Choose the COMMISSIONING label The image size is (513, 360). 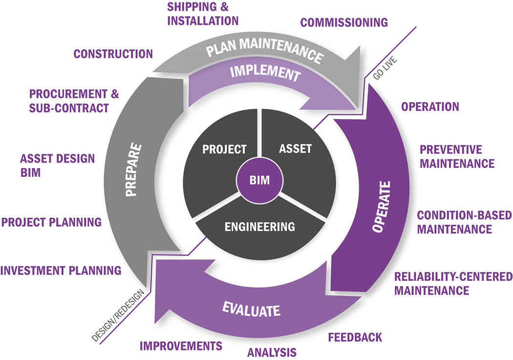click(344, 22)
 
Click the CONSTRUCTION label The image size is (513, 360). click(113, 54)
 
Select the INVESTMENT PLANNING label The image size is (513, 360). click(61, 270)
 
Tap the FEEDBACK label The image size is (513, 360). click(355, 337)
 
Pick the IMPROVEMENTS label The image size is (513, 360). click(181, 346)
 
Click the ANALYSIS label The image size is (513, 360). click(272, 352)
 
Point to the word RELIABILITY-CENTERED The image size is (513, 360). click(453, 276)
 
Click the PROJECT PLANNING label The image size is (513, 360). click(52, 222)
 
